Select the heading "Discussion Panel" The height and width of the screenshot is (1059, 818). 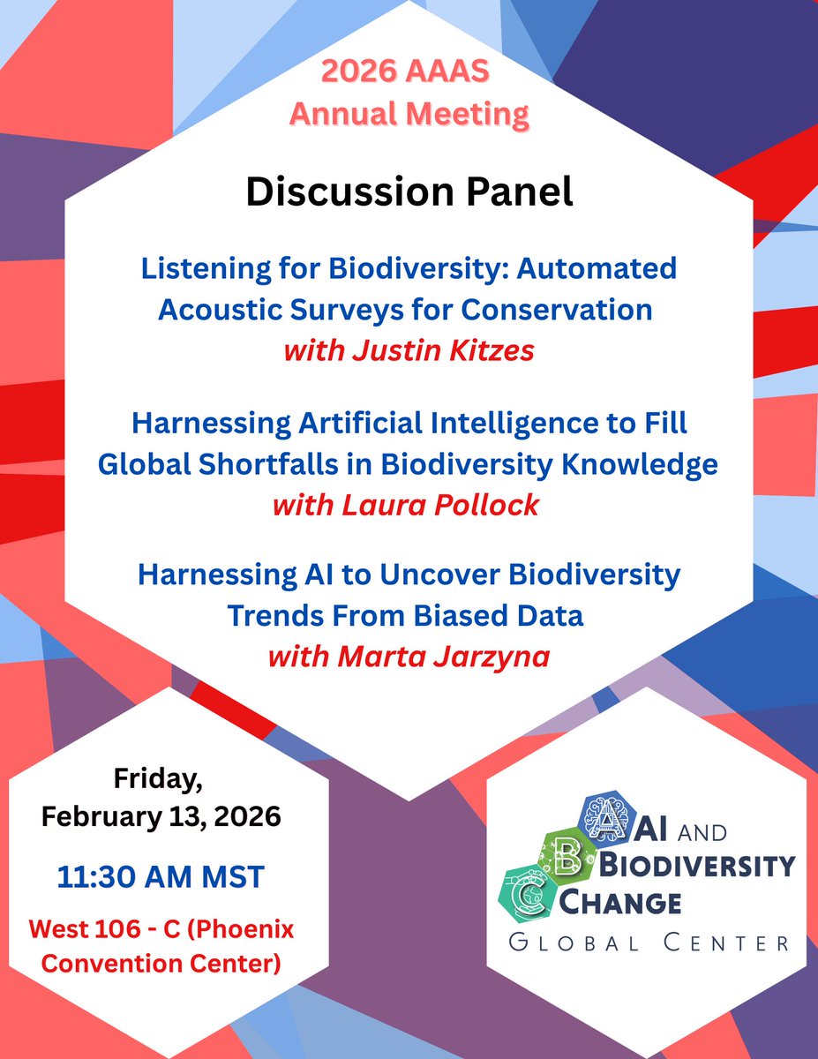coord(409,192)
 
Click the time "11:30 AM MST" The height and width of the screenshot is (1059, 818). coord(161,878)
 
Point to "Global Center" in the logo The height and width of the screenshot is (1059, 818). coord(649,943)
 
